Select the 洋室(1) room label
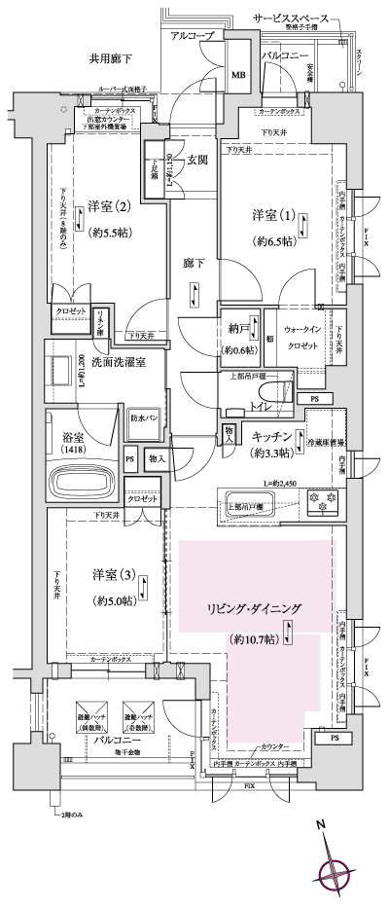click(273, 214)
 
